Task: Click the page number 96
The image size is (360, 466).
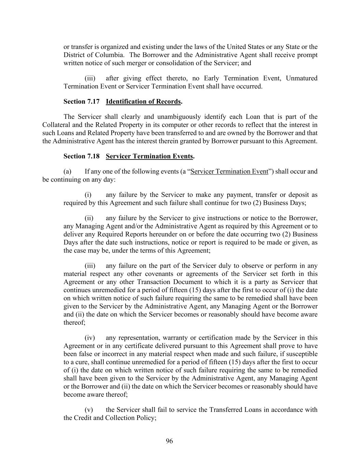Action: (x=169, y=441)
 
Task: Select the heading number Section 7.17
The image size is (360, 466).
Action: (x=82, y=101)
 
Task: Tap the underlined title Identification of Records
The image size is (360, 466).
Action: (x=143, y=101)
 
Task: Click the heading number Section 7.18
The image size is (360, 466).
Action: (x=82, y=156)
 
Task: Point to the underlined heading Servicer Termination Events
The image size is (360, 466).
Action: (x=149, y=156)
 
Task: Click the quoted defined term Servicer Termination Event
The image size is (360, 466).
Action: (x=229, y=171)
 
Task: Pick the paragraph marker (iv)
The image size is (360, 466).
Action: (x=90, y=338)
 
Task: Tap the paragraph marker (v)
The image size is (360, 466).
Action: (x=89, y=410)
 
